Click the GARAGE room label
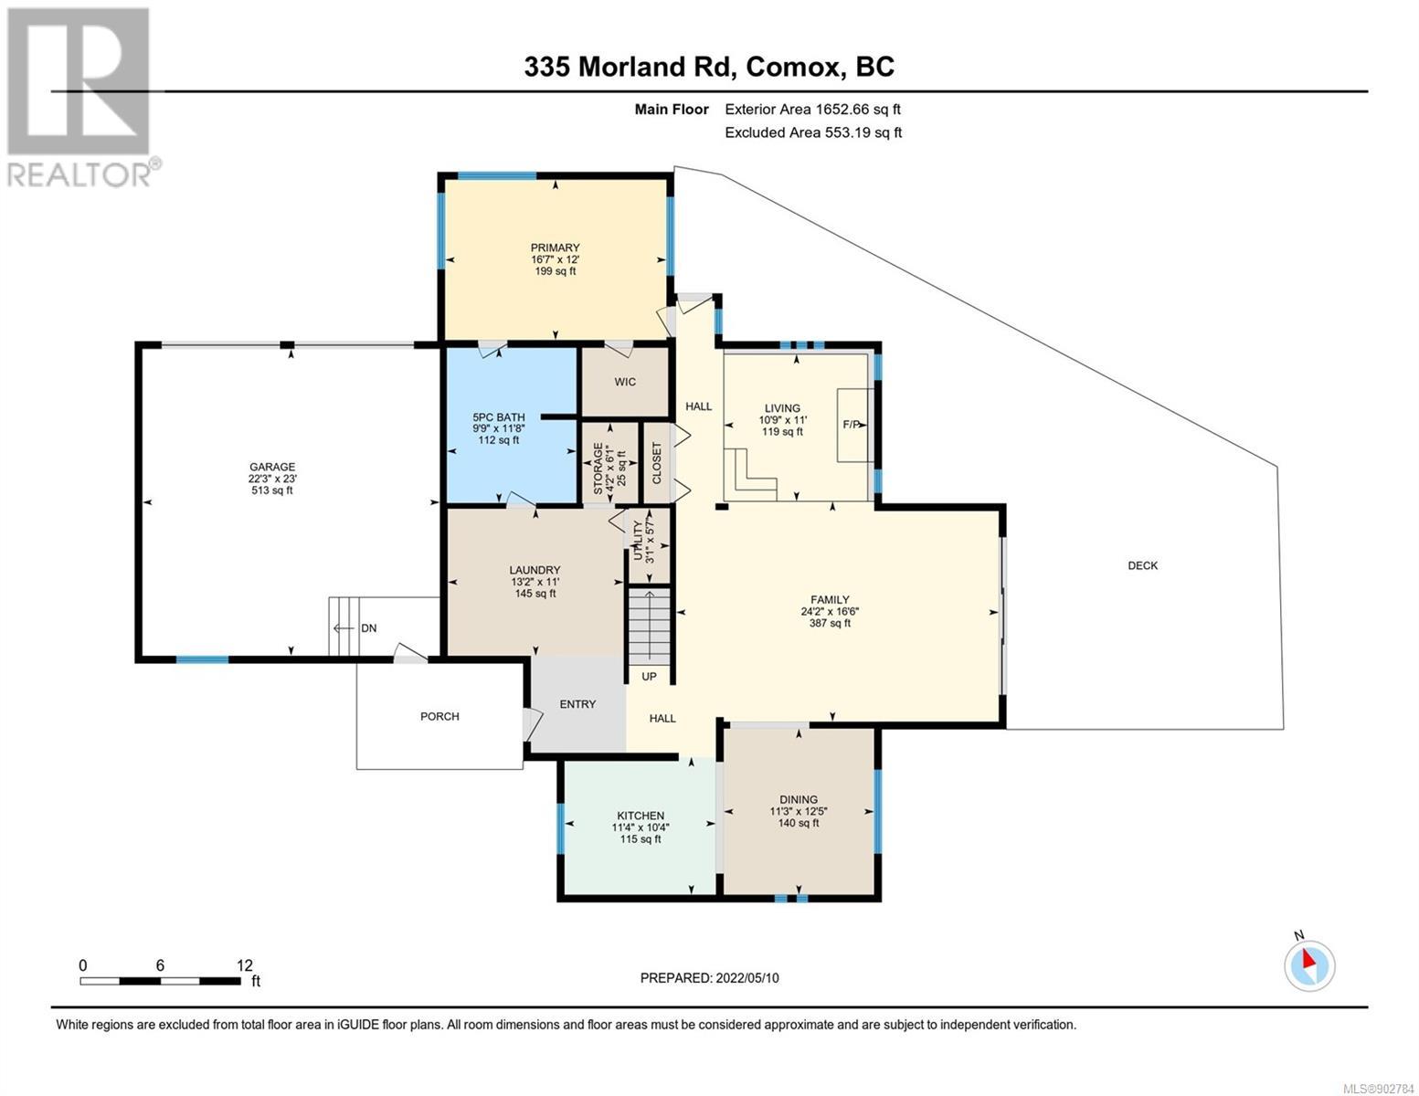272,467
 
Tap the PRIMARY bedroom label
555,248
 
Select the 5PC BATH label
498,417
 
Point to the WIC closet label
625,382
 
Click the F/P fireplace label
852,425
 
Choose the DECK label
1143,565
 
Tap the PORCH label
439,716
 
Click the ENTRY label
577,703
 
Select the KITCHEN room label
641,816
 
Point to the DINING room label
799,799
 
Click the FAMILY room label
830,599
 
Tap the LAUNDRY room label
535,570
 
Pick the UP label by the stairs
649,676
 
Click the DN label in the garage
369,628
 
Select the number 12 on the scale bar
245,964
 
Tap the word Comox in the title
793,67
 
